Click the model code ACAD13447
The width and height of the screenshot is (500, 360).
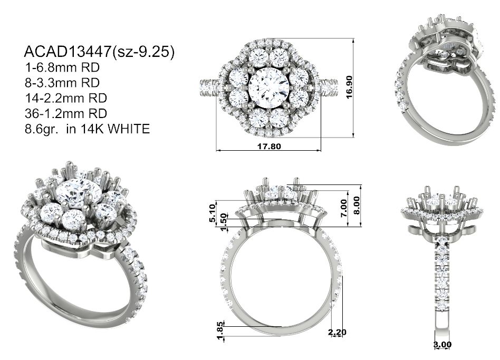click(x=68, y=52)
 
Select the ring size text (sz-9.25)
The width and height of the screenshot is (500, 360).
click(x=143, y=52)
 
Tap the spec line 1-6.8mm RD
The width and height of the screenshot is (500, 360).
click(x=62, y=67)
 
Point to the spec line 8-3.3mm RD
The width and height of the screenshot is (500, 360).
click(x=62, y=83)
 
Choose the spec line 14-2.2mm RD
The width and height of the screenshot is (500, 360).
click(x=66, y=98)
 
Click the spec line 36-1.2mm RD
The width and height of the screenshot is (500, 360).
click(x=66, y=113)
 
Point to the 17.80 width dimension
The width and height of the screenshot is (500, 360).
click(x=269, y=146)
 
